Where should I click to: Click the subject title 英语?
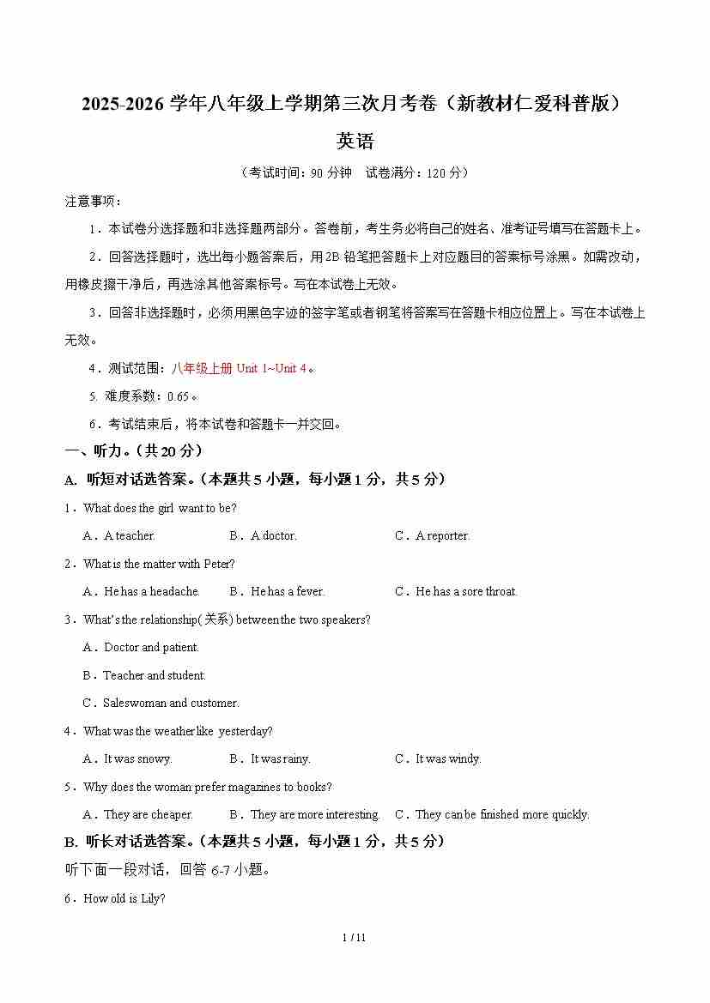pyautogui.click(x=355, y=141)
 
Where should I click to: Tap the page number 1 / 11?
pyautogui.click(x=355, y=937)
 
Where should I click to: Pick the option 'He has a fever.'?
pyautogui.click(x=288, y=591)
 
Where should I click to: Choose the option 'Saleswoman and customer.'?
pyautogui.click(x=171, y=703)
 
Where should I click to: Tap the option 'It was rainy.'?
pyautogui.click(x=280, y=758)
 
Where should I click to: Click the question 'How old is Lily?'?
pyautogui.click(x=124, y=898)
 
